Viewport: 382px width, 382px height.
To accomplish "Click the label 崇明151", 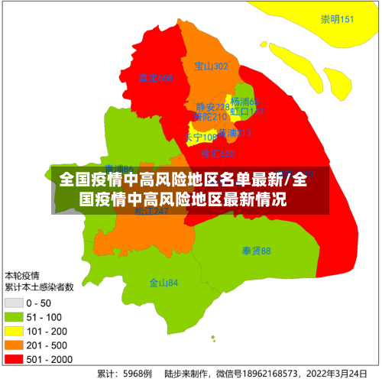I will (338, 19).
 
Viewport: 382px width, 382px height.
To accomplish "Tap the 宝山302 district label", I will (212, 66).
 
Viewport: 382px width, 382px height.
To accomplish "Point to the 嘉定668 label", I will (156, 78).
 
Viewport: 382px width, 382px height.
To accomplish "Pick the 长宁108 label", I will (200, 138).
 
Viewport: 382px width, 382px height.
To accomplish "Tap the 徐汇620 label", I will (218, 154).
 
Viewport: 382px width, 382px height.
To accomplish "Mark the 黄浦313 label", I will (234, 133).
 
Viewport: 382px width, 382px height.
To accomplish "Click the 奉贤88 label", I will (257, 251).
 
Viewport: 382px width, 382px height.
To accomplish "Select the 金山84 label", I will (163, 283).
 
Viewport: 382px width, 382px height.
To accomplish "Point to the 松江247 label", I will (151, 212).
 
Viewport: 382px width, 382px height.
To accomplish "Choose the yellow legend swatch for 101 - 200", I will (15, 332).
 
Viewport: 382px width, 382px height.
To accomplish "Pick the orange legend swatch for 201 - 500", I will (15, 345).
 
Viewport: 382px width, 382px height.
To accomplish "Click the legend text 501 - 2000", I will (50, 358).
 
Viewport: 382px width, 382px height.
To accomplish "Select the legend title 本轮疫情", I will (22, 275).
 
